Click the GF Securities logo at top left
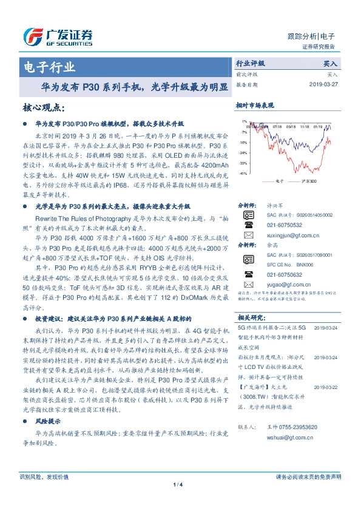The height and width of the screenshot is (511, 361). point(58,37)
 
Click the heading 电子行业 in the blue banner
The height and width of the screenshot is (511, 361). point(50,67)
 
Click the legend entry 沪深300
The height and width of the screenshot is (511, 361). point(309,181)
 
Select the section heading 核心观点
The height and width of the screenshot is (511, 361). point(43,107)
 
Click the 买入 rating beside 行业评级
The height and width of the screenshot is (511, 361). point(331,63)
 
